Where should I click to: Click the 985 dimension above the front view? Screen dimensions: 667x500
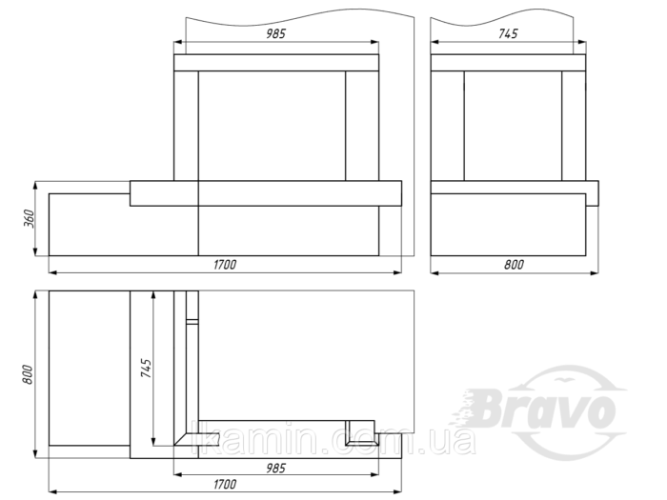tap(275, 34)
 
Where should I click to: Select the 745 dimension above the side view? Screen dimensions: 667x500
tap(508, 33)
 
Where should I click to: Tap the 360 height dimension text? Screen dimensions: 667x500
tap(30, 218)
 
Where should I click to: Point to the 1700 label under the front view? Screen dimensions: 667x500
tap(225, 265)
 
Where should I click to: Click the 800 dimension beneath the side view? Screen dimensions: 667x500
tap(514, 265)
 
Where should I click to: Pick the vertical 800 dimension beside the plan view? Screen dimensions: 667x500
tap(28, 374)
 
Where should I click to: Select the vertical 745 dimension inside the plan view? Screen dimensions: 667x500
tap(146, 369)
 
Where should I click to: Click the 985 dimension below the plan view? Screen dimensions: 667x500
tap(275, 469)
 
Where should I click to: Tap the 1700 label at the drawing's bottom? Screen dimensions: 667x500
tap(225, 484)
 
